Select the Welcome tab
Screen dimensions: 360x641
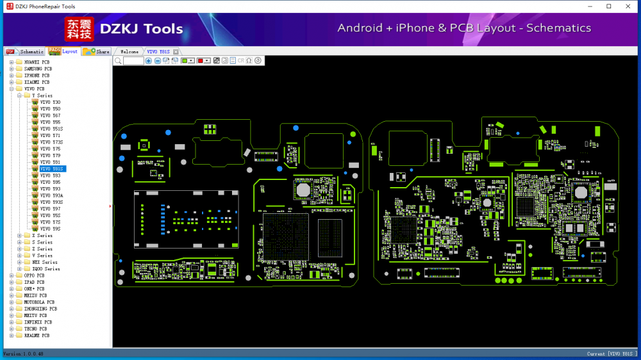129,51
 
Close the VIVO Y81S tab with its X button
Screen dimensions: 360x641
176,51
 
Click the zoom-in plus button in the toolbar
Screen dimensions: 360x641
149,61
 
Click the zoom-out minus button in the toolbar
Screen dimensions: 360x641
158,61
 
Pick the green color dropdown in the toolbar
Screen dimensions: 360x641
188,61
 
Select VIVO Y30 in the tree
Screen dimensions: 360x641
50,102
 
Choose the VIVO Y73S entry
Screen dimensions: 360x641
51,142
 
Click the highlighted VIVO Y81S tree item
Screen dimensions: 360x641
51,169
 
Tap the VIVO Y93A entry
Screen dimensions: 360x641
51,195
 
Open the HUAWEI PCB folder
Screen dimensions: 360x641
37,62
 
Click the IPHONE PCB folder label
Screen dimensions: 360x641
37,76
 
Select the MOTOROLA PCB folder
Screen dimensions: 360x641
39,302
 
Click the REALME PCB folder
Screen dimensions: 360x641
37,336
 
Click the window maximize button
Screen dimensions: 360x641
608,6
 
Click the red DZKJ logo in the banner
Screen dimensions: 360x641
79,29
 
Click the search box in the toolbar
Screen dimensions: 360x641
133,61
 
